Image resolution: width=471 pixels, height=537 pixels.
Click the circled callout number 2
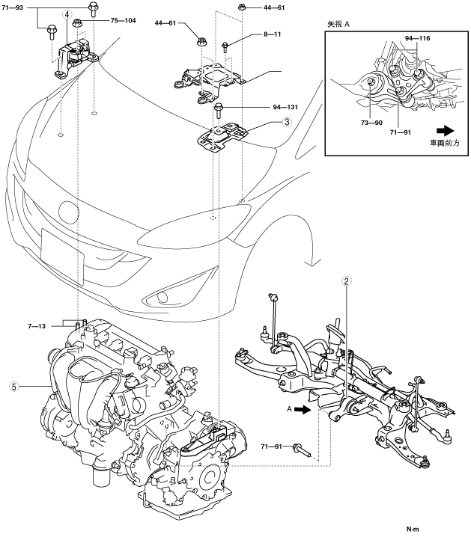coord(346,282)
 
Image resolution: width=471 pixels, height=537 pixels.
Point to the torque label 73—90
coord(372,121)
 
